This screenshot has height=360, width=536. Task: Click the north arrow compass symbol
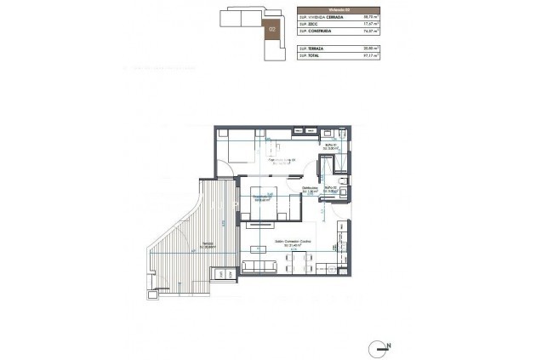[x=380, y=346]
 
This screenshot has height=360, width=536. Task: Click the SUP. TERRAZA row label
[x=312, y=51]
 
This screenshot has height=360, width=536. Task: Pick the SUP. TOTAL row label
[x=311, y=59]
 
